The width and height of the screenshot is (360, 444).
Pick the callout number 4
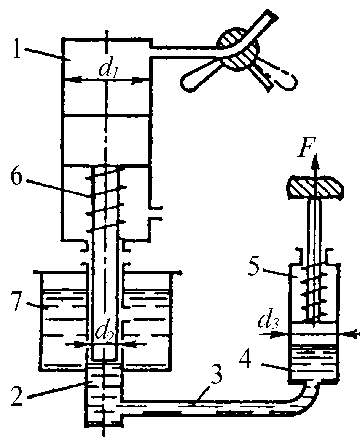pyautogui.click(x=245, y=357)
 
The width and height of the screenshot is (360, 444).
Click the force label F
pyautogui.click(x=304, y=149)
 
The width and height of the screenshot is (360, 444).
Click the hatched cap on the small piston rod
pyautogui.click(x=315, y=188)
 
